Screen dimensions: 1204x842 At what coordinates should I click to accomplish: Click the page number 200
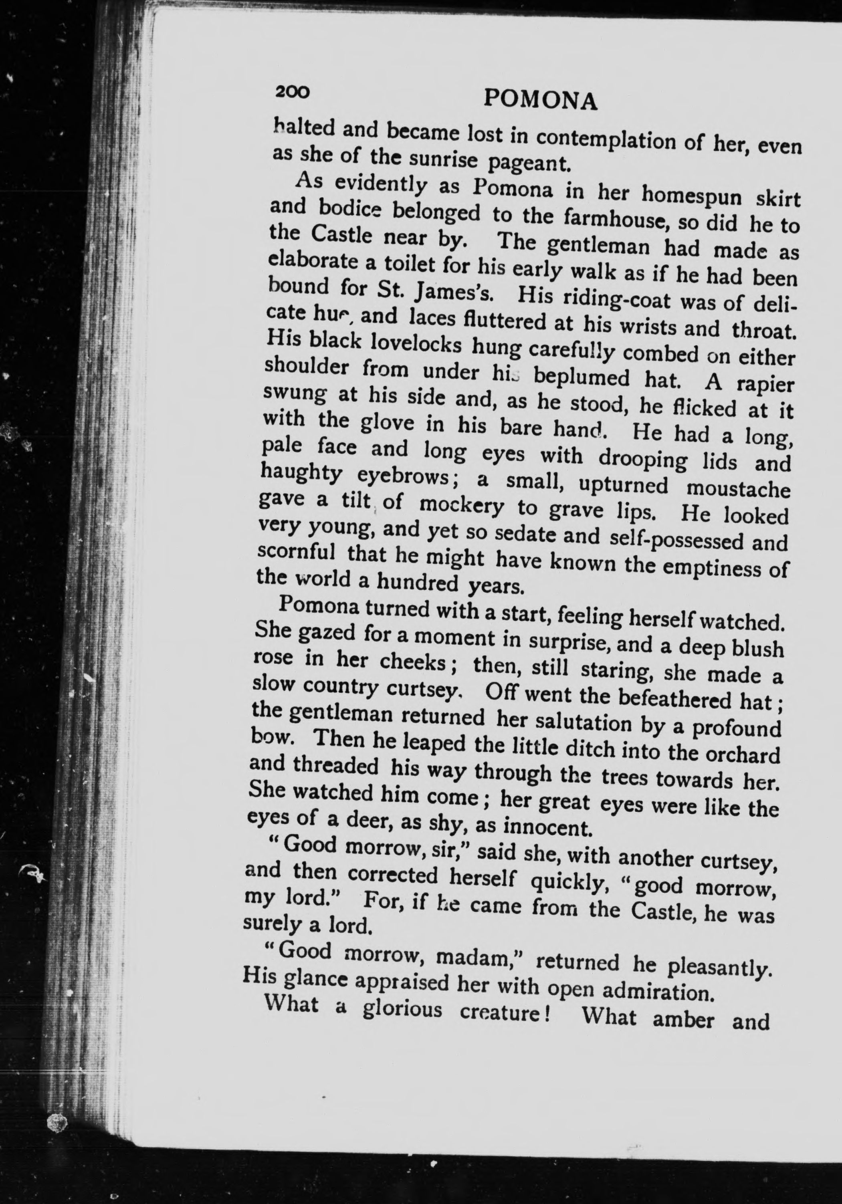coord(292,92)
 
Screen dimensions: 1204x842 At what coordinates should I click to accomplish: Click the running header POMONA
coord(540,100)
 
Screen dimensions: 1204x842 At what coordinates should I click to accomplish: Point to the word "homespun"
coord(692,196)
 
